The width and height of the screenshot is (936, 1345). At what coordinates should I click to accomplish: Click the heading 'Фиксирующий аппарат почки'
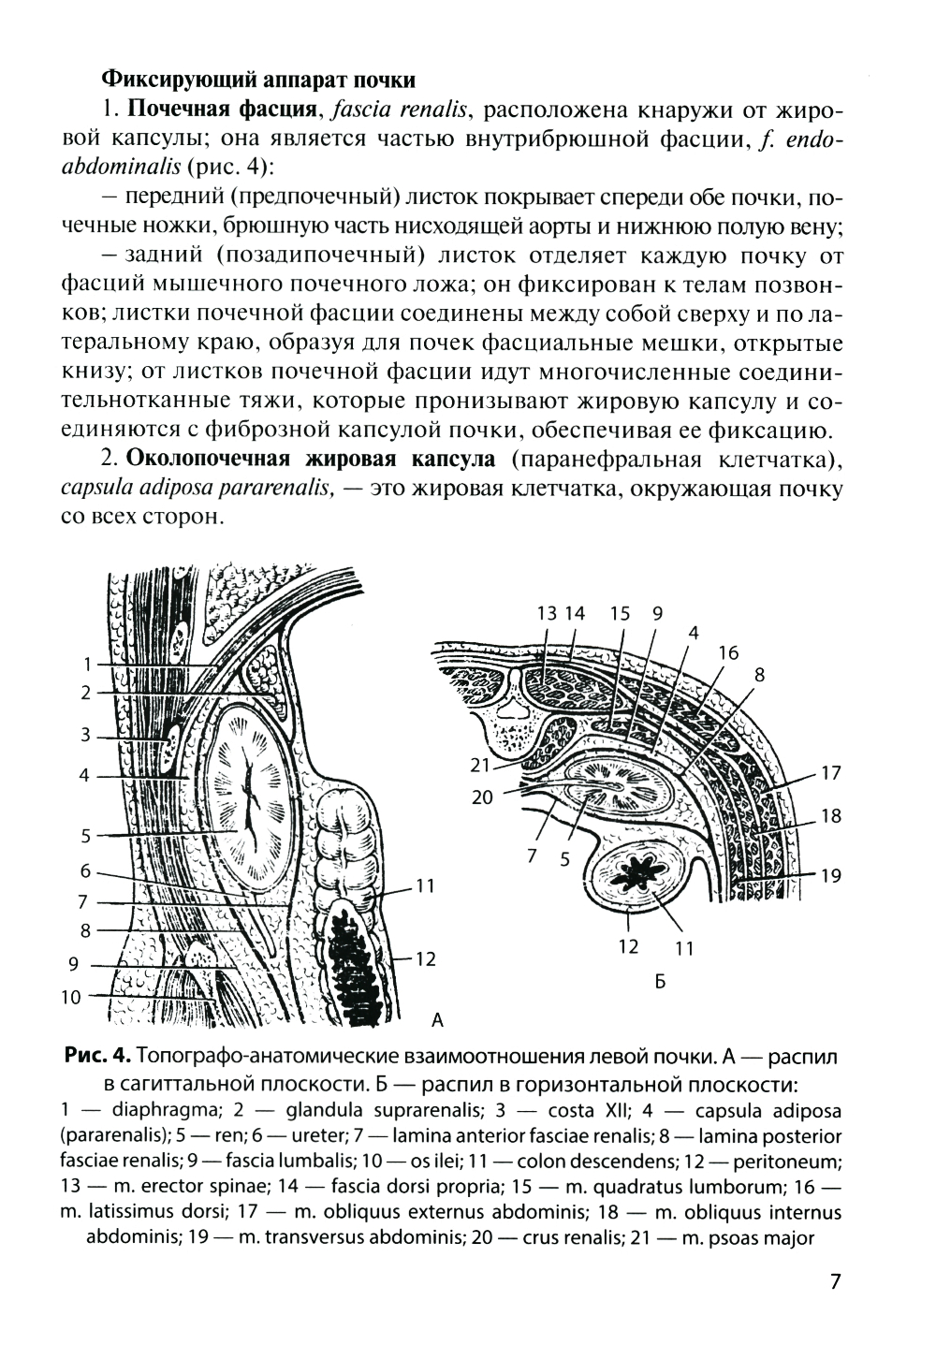pos(257,77)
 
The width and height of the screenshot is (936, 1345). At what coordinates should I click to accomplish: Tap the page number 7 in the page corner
pos(836,1281)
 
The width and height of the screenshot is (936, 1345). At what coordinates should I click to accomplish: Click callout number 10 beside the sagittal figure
pos(72,997)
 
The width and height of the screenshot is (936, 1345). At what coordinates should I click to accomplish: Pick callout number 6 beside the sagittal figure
pos(85,870)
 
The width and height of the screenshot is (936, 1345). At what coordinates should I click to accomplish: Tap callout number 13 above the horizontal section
pos(548,613)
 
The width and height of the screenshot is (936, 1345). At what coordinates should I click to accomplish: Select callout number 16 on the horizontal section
pos(729,652)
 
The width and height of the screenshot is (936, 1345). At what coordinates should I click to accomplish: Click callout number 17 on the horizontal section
pos(830,774)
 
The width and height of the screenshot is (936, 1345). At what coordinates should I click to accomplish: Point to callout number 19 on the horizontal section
pos(830,877)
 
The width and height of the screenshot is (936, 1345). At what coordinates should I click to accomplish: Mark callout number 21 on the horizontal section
pos(481,766)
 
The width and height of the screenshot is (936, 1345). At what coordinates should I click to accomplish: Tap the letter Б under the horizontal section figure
pos(659,982)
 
